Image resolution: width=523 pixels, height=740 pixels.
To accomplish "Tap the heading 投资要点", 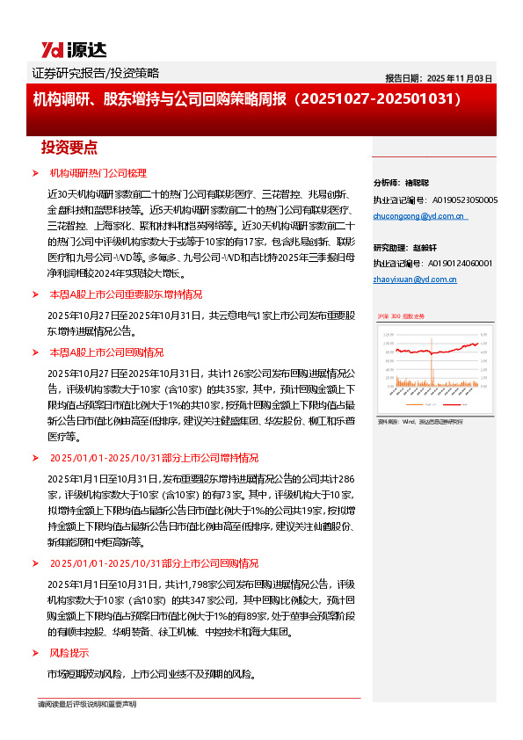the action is pyautogui.click(x=69, y=147).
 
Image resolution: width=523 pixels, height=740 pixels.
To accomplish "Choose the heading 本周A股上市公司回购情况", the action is pyautogui.click(x=106, y=352).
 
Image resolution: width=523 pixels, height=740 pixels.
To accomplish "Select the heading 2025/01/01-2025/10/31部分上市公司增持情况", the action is pyautogui.click(x=153, y=458).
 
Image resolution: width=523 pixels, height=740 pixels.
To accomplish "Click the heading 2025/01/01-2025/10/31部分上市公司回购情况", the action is pyautogui.click(x=153, y=562).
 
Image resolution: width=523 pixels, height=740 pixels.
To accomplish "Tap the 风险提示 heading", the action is pyautogui.click(x=69, y=653).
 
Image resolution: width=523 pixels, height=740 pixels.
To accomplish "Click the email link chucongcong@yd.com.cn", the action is pyautogui.click(x=420, y=216).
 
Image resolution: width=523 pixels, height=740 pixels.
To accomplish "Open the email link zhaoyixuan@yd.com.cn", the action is pyautogui.click(x=415, y=280).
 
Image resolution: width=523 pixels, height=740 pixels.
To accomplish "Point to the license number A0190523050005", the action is pyautogui.click(x=465, y=200).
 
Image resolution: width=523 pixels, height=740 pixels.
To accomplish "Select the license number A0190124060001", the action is pyautogui.click(x=462, y=263).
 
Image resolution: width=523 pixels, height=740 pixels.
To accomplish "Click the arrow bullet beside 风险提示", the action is pyautogui.click(x=35, y=653).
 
